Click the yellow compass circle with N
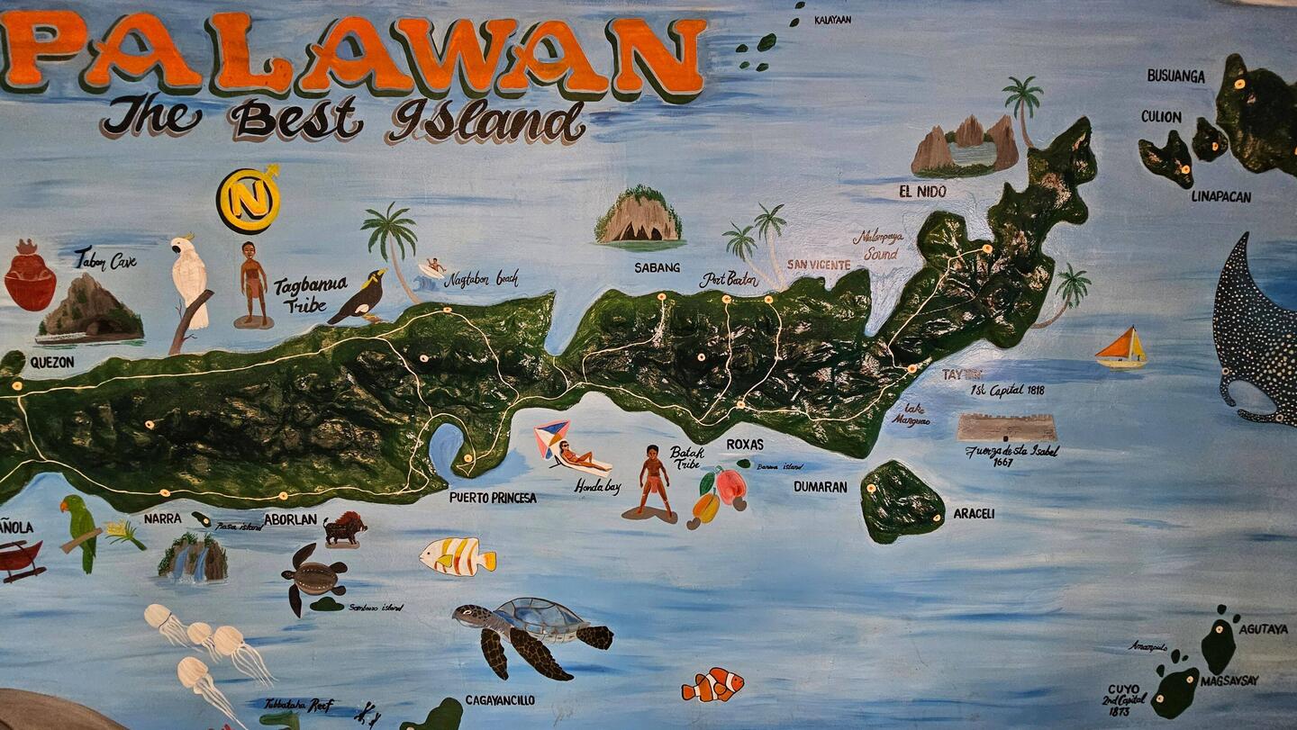pyautogui.click(x=248, y=200)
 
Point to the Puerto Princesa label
pyautogui.click(x=493, y=497)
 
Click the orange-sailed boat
pyautogui.click(x=1121, y=347)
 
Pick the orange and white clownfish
pyautogui.click(x=712, y=685)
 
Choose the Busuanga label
pyautogui.click(x=1175, y=77)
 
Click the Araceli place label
pyautogui.click(x=974, y=514)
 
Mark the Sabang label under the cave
pyautogui.click(x=657, y=267)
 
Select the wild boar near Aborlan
pyautogui.click(x=344, y=527)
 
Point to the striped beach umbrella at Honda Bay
pyautogui.click(x=551, y=436)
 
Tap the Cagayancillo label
pyautogui.click(x=500, y=700)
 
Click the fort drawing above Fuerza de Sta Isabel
pyautogui.click(x=1006, y=427)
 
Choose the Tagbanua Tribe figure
pyautogui.click(x=254, y=282)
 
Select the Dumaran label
pyautogui.click(x=820, y=487)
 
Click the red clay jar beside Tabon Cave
pyautogui.click(x=29, y=277)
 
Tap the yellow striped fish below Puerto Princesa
pyautogui.click(x=458, y=556)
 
